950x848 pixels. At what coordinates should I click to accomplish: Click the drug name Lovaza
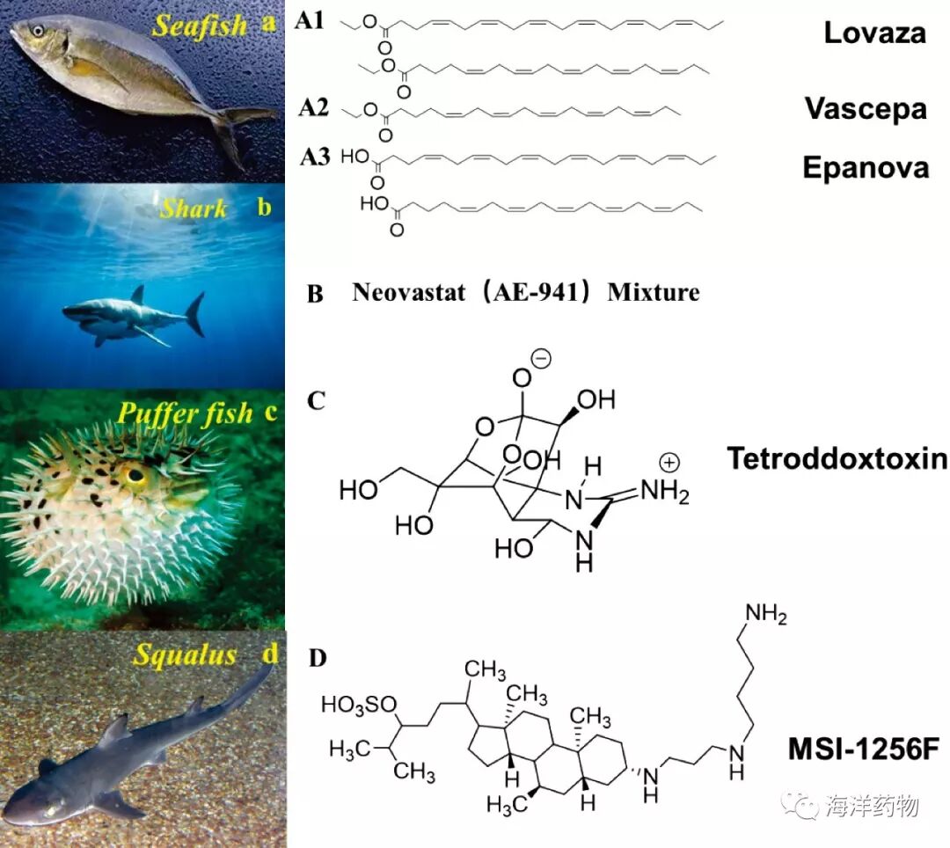pyautogui.click(x=875, y=33)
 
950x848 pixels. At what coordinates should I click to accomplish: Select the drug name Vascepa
pyautogui.click(x=866, y=109)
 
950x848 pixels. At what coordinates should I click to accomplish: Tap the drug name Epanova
pyautogui.click(x=866, y=168)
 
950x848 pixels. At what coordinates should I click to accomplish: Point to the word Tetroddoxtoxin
pyautogui.click(x=837, y=458)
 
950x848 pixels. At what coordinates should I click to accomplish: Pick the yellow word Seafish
pyautogui.click(x=200, y=26)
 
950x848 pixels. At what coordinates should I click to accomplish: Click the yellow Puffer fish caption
pyautogui.click(x=185, y=414)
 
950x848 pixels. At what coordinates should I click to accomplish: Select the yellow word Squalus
pyautogui.click(x=185, y=655)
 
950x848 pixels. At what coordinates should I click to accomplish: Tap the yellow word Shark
pyautogui.click(x=194, y=209)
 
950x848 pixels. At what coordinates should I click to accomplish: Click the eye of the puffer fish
pyautogui.click(x=135, y=476)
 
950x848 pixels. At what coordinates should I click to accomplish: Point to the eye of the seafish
pyautogui.click(x=38, y=30)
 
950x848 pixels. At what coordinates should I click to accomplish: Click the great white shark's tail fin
pyautogui.click(x=195, y=314)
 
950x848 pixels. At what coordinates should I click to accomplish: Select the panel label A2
pyautogui.click(x=313, y=108)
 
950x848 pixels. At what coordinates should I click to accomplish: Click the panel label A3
pyautogui.click(x=315, y=157)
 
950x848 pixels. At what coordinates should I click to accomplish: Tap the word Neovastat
pyautogui.click(x=409, y=293)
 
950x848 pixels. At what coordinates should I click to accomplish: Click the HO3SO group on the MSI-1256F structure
pyautogui.click(x=359, y=705)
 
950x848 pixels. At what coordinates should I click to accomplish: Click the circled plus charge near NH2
pyautogui.click(x=669, y=463)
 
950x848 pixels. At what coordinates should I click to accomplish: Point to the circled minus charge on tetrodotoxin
pyautogui.click(x=541, y=359)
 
